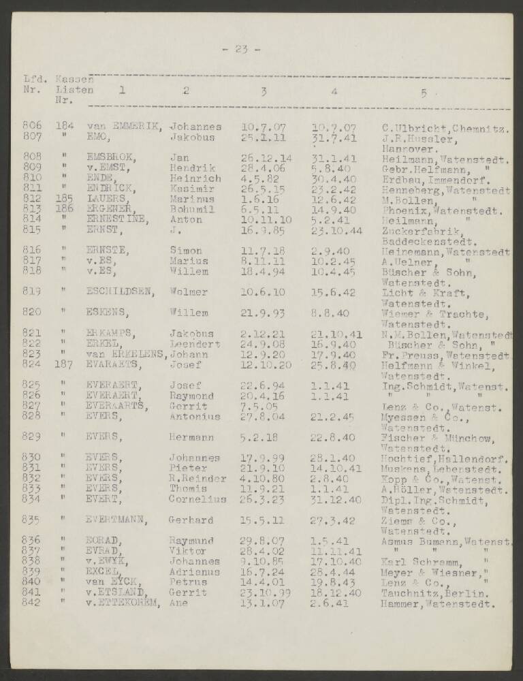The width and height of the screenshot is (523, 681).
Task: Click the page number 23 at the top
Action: pyautogui.click(x=240, y=48)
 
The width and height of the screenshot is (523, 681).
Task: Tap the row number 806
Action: pyautogui.click(x=32, y=126)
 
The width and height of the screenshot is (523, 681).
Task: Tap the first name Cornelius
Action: pyautogui.click(x=197, y=499)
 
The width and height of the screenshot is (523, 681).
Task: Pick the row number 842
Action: pyautogui.click(x=32, y=603)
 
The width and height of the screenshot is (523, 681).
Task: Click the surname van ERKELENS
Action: pyautogui.click(x=127, y=354)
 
